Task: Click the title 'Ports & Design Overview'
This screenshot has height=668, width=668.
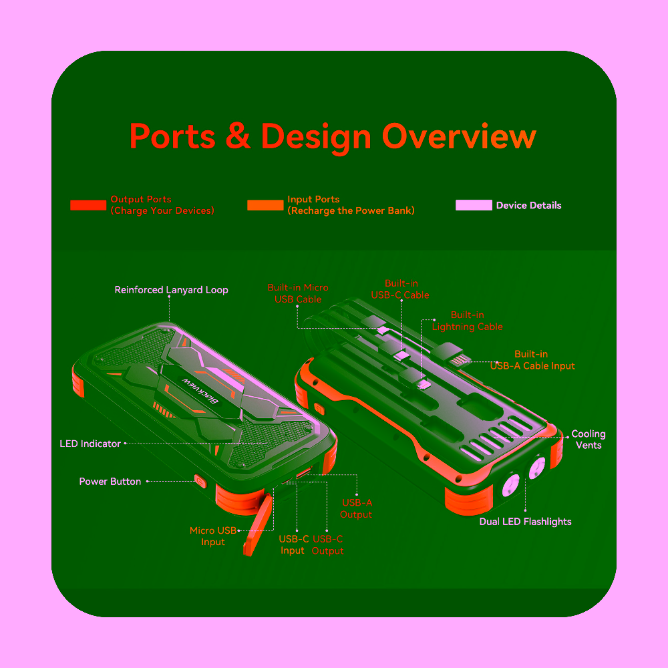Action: click(x=333, y=137)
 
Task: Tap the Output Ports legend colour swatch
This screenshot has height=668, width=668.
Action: click(x=88, y=205)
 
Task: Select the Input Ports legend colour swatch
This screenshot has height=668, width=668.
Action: click(x=265, y=205)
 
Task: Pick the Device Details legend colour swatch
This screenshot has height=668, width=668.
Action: click(x=474, y=205)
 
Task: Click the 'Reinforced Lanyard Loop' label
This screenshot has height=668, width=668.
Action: click(x=171, y=290)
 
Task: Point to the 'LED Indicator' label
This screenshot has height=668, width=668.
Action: click(x=90, y=444)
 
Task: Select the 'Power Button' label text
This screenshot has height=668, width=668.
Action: click(x=110, y=482)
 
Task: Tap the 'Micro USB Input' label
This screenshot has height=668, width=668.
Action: click(x=212, y=536)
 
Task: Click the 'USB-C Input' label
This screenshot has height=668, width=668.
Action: click(x=293, y=544)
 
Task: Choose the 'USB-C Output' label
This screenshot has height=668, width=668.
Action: click(x=327, y=544)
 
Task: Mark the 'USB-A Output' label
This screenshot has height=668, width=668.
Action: click(x=356, y=508)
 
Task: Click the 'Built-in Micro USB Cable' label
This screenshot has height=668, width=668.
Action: click(x=298, y=293)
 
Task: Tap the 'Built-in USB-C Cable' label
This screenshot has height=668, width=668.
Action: click(x=400, y=289)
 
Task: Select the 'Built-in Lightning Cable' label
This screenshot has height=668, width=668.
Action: click(x=468, y=321)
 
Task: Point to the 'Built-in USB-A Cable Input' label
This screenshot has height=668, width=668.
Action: click(x=532, y=359)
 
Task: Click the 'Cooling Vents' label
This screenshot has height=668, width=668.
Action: click(x=589, y=440)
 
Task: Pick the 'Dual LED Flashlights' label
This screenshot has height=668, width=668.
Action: click(x=525, y=522)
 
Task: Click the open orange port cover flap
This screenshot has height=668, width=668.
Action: click(x=258, y=525)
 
